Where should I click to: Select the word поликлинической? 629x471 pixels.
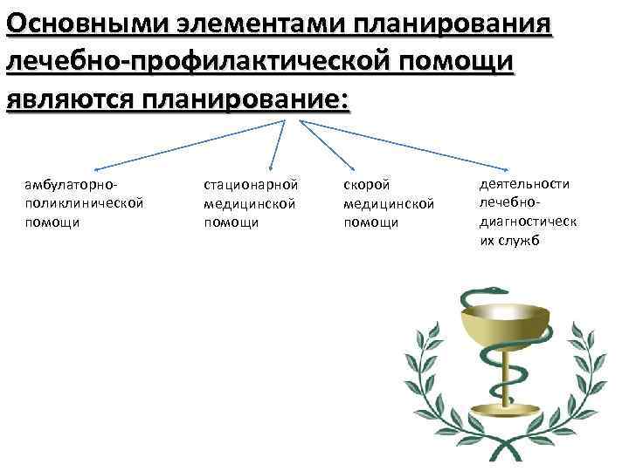point(85,203)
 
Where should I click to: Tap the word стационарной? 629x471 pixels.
point(251,185)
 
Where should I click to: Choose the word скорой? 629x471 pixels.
point(365,185)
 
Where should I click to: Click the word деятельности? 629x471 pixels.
point(524,183)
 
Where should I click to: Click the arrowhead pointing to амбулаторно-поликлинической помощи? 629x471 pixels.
point(95,167)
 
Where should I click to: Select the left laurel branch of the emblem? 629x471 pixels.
point(419,384)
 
